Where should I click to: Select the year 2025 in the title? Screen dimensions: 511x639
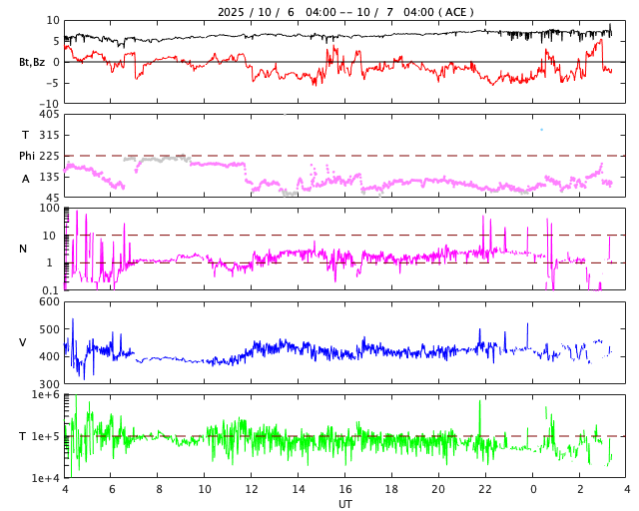[233, 12]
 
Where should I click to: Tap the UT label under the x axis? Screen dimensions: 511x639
[344, 504]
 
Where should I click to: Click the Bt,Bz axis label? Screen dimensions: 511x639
[31, 62]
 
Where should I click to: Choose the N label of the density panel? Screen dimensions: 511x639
[23, 249]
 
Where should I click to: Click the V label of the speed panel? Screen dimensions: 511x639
[23, 342]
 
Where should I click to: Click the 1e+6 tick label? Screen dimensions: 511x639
[46, 395]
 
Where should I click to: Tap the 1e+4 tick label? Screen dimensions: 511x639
[46, 478]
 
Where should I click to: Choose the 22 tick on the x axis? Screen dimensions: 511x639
[485, 490]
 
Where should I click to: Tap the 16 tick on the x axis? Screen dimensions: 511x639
[345, 490]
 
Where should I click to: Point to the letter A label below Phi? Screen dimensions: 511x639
[26, 179]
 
